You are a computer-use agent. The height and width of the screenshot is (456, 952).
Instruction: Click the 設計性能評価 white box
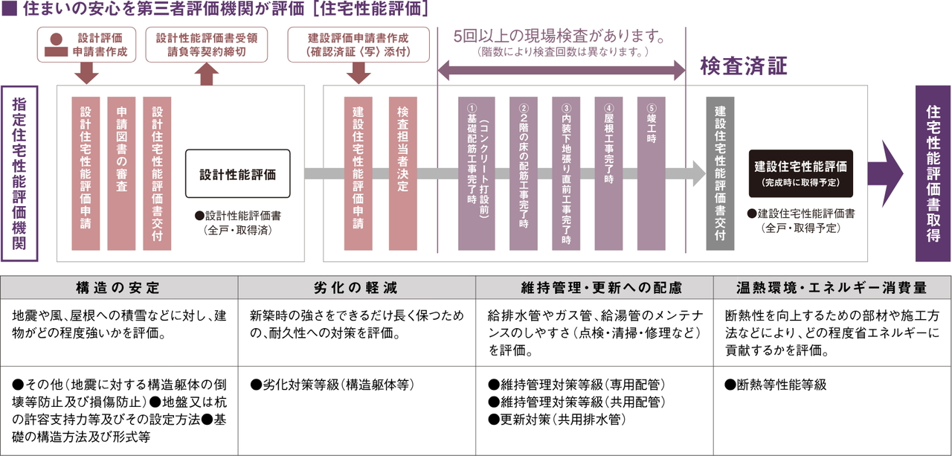click(x=237, y=174)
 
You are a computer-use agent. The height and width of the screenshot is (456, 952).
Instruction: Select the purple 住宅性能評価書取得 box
click(x=933, y=173)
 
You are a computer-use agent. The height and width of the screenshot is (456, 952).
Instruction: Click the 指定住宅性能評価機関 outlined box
click(x=19, y=173)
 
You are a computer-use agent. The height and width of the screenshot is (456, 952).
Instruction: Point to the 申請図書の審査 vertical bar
click(x=121, y=173)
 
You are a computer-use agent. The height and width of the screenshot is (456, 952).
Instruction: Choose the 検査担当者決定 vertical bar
click(x=402, y=173)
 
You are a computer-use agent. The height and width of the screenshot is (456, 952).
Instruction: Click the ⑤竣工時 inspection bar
click(x=652, y=173)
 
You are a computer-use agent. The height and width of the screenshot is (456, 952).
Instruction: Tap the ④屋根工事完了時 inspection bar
click(x=609, y=173)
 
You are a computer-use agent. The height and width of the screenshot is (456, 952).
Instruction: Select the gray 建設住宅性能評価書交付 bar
click(x=720, y=173)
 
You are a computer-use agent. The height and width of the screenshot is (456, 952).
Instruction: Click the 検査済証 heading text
click(x=743, y=65)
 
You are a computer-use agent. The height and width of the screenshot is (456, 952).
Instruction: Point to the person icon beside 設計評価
click(x=55, y=44)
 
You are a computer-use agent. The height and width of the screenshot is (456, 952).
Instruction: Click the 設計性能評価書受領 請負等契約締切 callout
click(x=206, y=44)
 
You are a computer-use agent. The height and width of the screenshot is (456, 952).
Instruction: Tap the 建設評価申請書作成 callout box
click(x=358, y=44)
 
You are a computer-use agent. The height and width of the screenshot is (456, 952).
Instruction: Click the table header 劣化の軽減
click(x=356, y=287)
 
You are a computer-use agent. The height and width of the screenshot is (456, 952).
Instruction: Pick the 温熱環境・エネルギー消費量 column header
click(x=831, y=287)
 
